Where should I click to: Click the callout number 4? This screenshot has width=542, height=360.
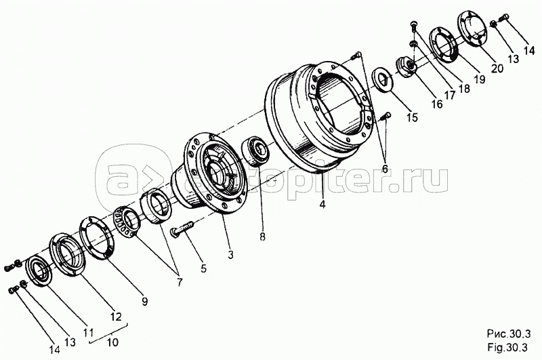coord(322,204)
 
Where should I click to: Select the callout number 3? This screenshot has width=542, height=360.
coord(230,255)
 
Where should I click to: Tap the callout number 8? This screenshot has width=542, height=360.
coord(262,237)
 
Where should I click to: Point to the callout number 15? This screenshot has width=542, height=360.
coord(412,117)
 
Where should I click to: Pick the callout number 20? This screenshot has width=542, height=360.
coord(497,68)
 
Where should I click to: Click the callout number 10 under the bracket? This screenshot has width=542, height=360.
coord(112,342)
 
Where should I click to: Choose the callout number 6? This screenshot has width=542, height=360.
coord(384,168)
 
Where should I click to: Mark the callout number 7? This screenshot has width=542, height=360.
coord(179,282)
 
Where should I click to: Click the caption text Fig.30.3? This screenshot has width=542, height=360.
coord(507,347)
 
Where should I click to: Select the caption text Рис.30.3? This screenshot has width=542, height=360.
coord(509,334)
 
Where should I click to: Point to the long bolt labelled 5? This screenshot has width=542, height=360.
coord(182,229)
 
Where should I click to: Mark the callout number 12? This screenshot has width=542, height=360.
coord(116,317)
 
